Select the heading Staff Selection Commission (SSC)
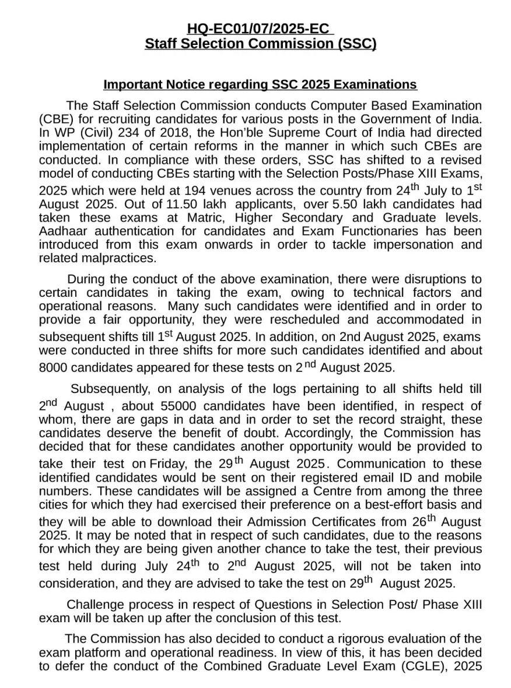point(260,44)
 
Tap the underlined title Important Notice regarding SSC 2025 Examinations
point(260,85)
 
